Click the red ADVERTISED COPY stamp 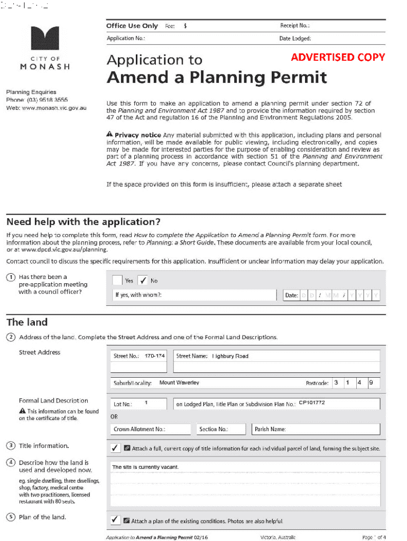click(338, 57)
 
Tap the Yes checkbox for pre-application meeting click(117, 280)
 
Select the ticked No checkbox click(143, 280)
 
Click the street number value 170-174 click(154, 356)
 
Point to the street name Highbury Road click(230, 356)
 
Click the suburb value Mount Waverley click(179, 383)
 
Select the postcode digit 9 click(371, 383)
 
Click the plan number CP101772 click(312, 403)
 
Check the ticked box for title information click(115, 448)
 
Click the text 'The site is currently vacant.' click(145, 467)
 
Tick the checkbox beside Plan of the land click(115, 520)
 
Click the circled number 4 click(11, 463)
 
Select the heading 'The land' click(27, 322)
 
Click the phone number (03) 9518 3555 click(48, 100)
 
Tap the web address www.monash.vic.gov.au click(54, 108)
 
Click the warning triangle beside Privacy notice click(109, 135)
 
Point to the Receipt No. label click(294, 25)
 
